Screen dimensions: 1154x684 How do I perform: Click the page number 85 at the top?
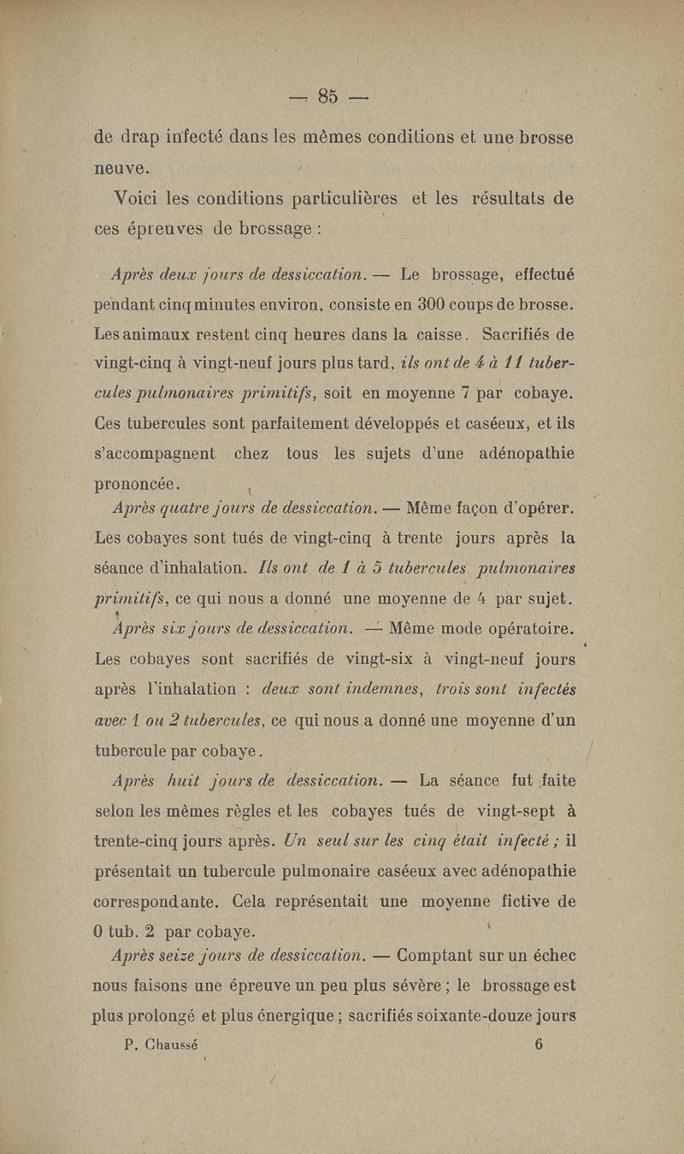point(329,95)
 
